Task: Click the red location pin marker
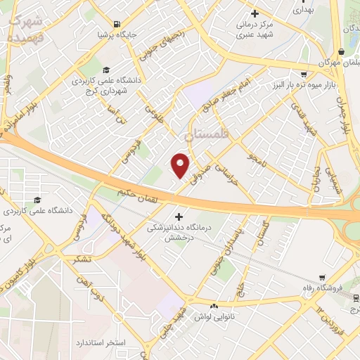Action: pyautogui.click(x=181, y=165)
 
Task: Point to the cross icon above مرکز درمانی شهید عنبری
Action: pyautogui.click(x=255, y=13)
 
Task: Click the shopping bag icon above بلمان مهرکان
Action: pyautogui.click(x=341, y=51)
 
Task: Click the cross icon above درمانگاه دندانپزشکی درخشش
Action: pyautogui.click(x=179, y=217)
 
